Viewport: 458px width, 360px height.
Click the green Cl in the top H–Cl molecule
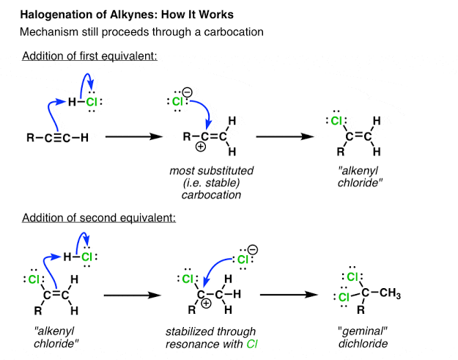pyautogui.click(x=91, y=102)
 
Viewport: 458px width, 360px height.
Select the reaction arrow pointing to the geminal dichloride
pyautogui.click(x=289, y=296)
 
